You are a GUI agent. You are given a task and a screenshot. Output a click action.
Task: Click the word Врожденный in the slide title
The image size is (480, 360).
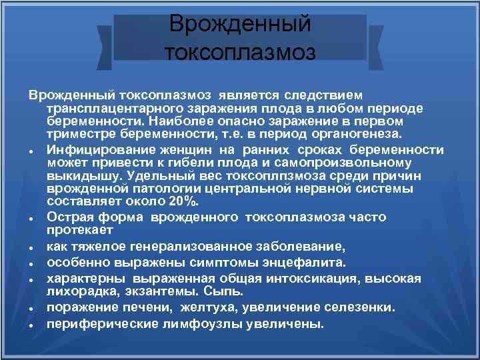pyautogui.click(x=240, y=24)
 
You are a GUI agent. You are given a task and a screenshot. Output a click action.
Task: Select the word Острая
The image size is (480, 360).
pyautogui.click(x=69, y=217)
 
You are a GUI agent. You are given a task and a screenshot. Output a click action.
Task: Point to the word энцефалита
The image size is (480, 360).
pyautogui.click(x=312, y=262)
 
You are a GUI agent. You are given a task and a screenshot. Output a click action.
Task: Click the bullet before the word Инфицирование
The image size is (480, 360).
pyautogui.click(x=32, y=151)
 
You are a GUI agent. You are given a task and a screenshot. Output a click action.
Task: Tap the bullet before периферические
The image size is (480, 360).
pyautogui.click(x=32, y=325)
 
